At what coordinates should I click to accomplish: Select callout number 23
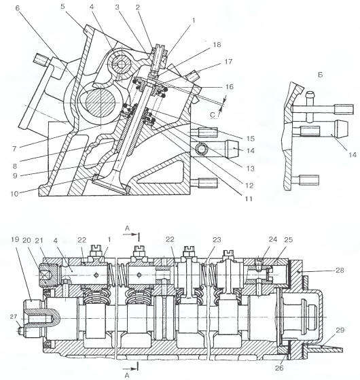tap(215, 240)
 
